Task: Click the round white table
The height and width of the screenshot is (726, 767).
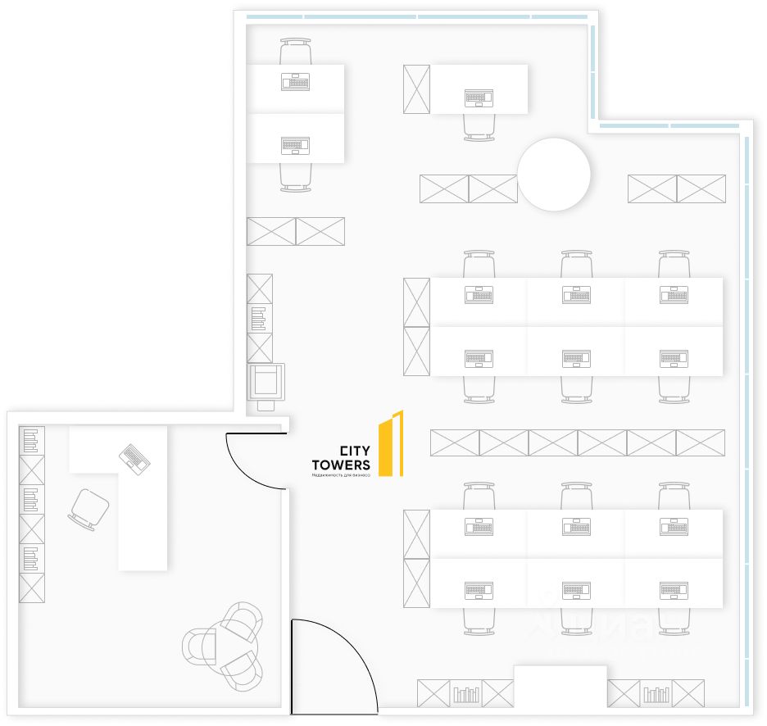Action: [x=554, y=175]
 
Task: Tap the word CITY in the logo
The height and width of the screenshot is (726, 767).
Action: [x=354, y=451]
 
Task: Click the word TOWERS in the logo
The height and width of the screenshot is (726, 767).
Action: [x=341, y=465]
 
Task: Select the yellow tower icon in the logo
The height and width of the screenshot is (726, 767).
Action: [x=391, y=443]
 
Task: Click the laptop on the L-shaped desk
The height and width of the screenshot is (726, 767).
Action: [x=134, y=457]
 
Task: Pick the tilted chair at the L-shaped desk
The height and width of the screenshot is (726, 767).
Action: [x=88, y=509]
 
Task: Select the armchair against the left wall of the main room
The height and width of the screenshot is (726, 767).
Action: [x=267, y=383]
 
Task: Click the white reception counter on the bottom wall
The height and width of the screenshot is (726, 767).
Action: [x=560, y=687]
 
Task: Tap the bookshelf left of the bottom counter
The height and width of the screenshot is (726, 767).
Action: [x=466, y=693]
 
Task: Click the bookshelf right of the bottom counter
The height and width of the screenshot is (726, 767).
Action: [x=656, y=693]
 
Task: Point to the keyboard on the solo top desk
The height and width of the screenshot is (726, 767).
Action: [x=479, y=98]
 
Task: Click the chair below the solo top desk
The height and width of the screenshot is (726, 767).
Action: [x=479, y=127]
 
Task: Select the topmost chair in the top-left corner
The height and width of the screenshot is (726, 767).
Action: [x=295, y=52]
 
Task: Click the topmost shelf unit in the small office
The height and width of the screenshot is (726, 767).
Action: [x=32, y=441]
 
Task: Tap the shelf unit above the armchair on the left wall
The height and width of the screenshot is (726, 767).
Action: [x=260, y=318]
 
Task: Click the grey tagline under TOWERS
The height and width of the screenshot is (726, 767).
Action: [x=341, y=475]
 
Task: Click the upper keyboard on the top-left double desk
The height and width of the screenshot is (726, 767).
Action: [x=295, y=82]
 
